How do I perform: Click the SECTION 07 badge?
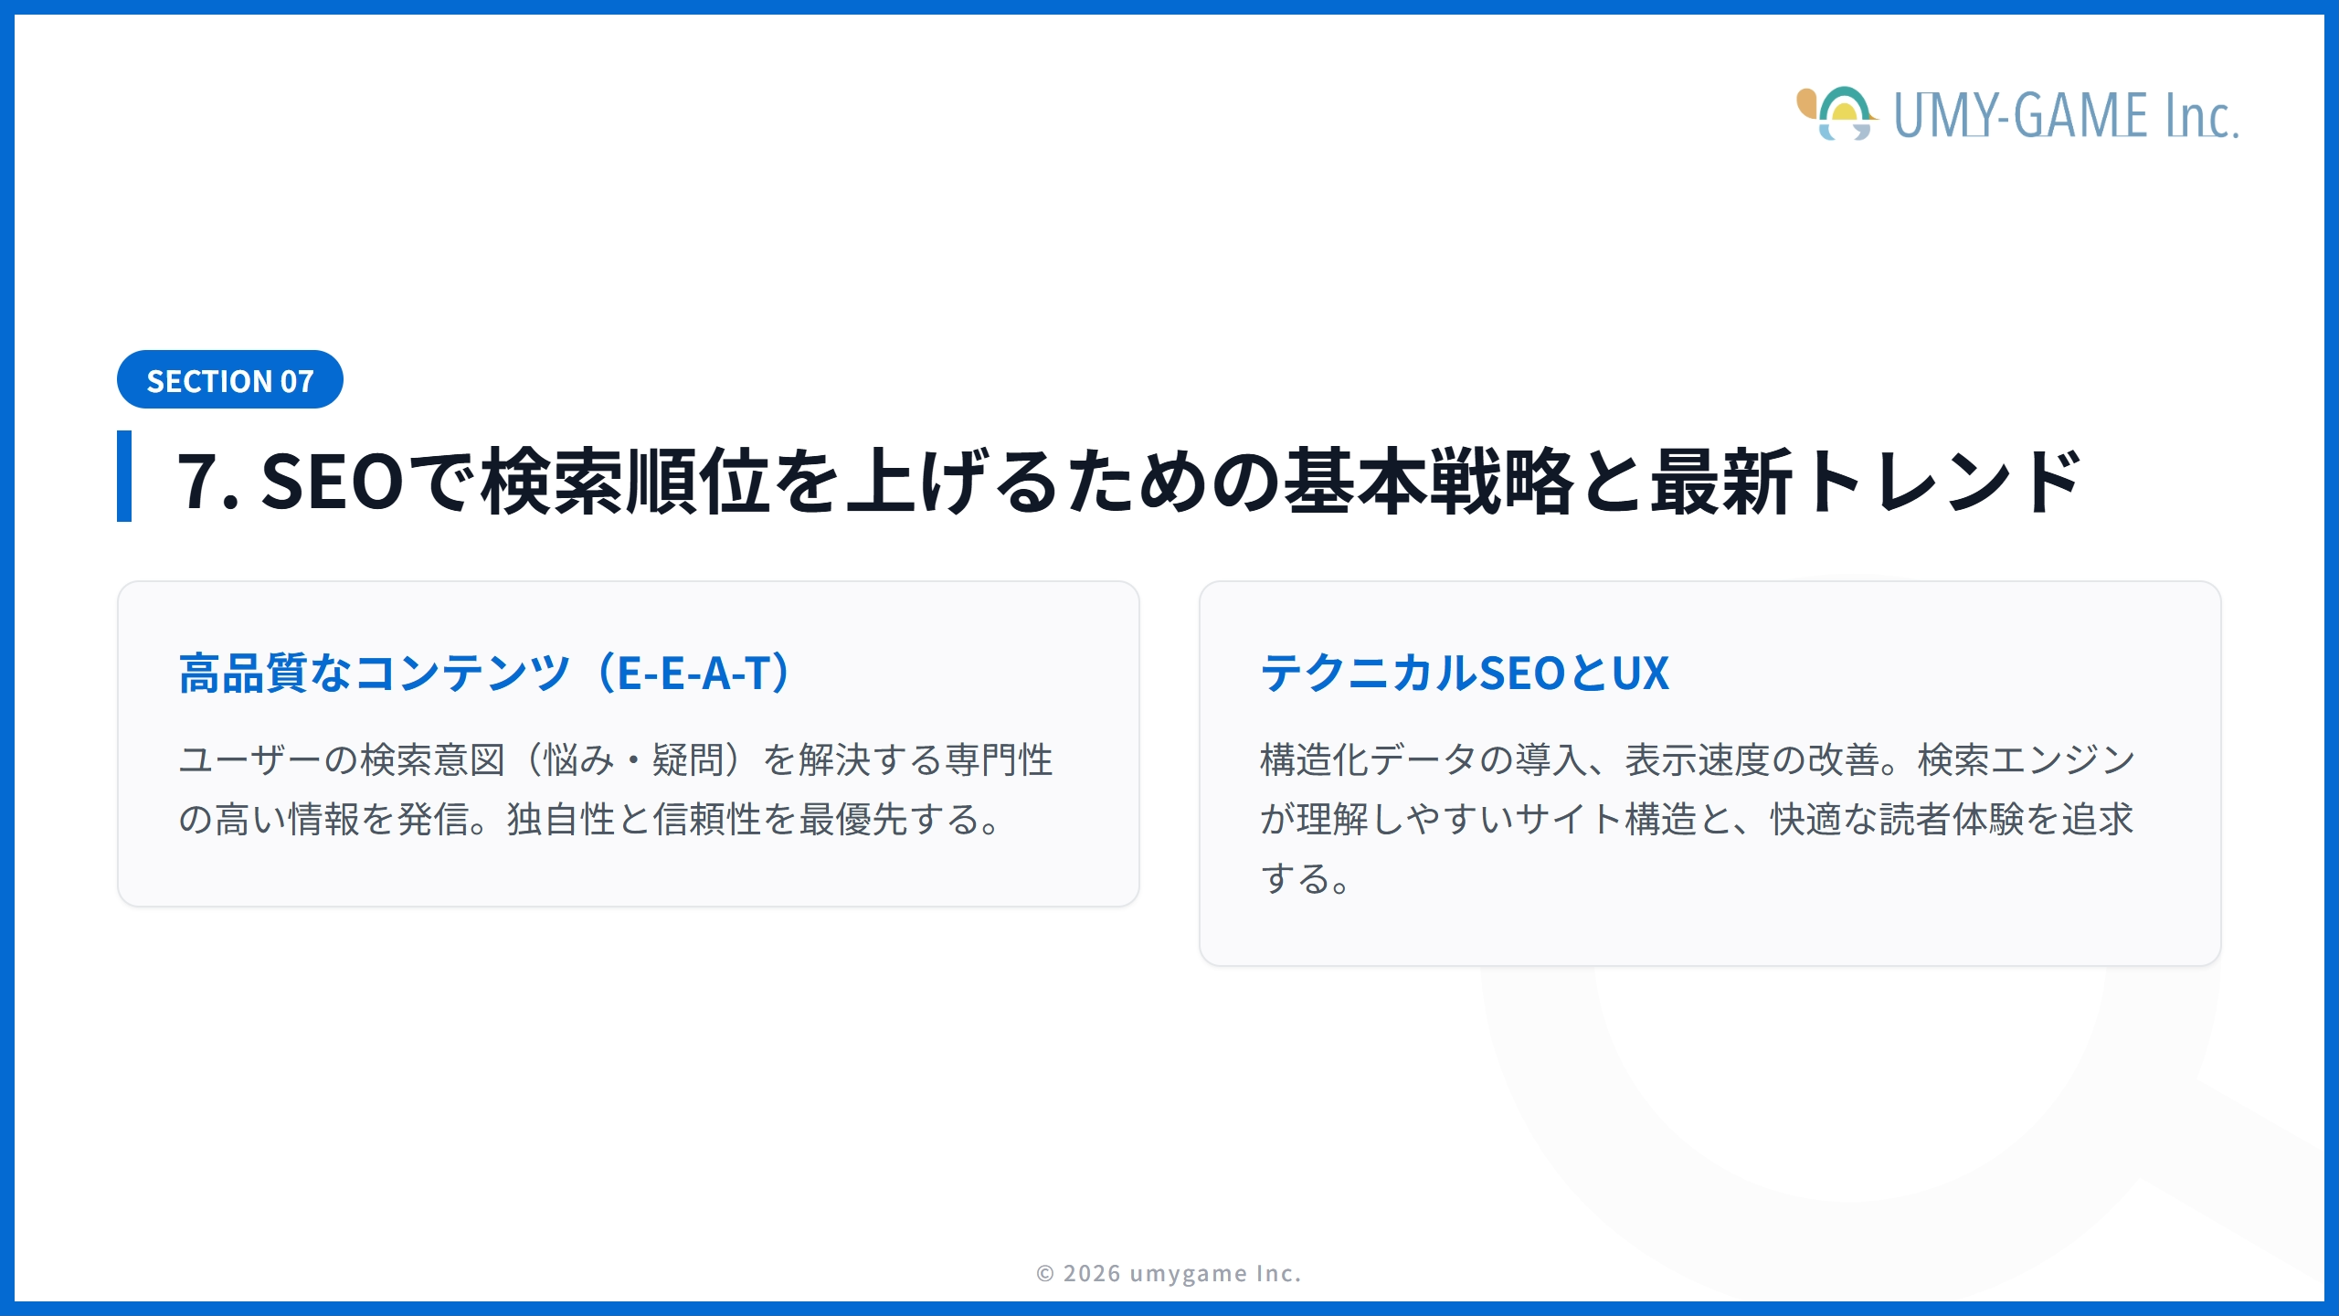tap(229, 380)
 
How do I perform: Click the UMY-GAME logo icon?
tap(1837, 114)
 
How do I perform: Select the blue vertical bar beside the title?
tap(124, 476)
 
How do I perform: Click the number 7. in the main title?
tap(207, 482)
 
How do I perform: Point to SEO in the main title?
tap(332, 482)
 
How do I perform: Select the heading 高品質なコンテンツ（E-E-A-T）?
tap(485, 674)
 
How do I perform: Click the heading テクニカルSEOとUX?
tap(1465, 674)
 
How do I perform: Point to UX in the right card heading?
tap(1640, 674)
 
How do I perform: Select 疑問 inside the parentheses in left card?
tap(688, 760)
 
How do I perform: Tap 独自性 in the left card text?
tap(561, 820)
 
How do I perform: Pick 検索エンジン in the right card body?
tap(2026, 760)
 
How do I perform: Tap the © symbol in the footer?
tap(1045, 1274)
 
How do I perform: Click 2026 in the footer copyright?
tap(1092, 1274)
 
